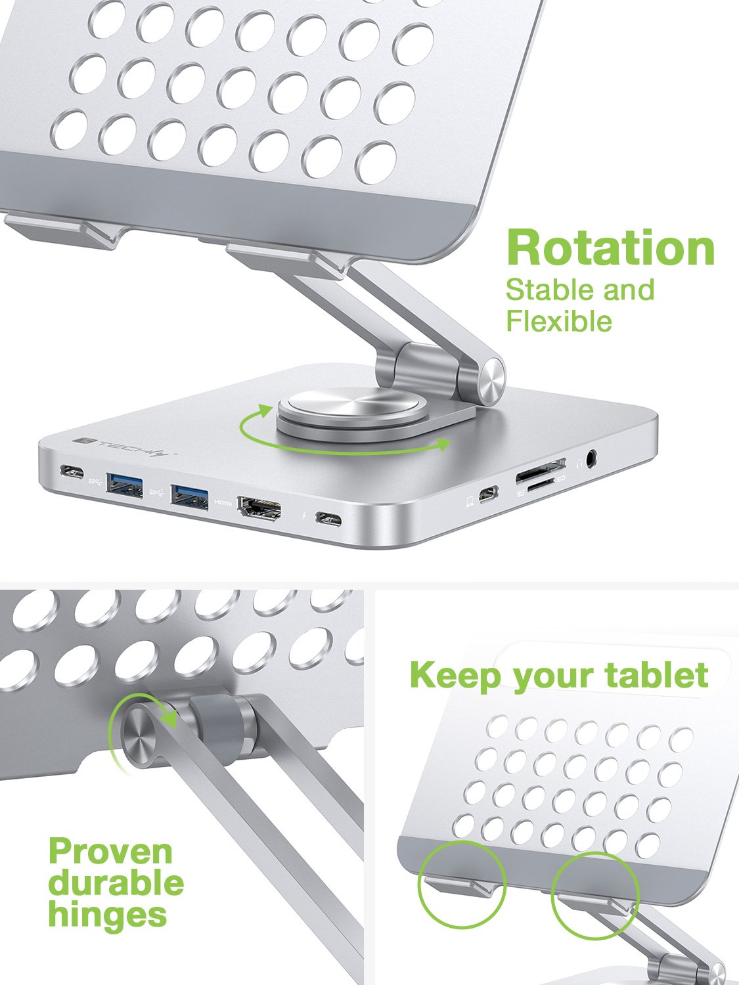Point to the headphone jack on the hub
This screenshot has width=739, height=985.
tap(593, 458)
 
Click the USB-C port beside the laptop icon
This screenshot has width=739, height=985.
tap(487, 495)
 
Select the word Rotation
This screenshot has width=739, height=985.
tap(610, 248)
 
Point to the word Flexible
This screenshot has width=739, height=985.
tap(558, 321)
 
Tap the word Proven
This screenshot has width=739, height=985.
tap(110, 852)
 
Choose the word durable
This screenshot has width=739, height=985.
tap(116, 883)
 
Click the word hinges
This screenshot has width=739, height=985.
tap(107, 914)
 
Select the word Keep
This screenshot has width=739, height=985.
tap(457, 675)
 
